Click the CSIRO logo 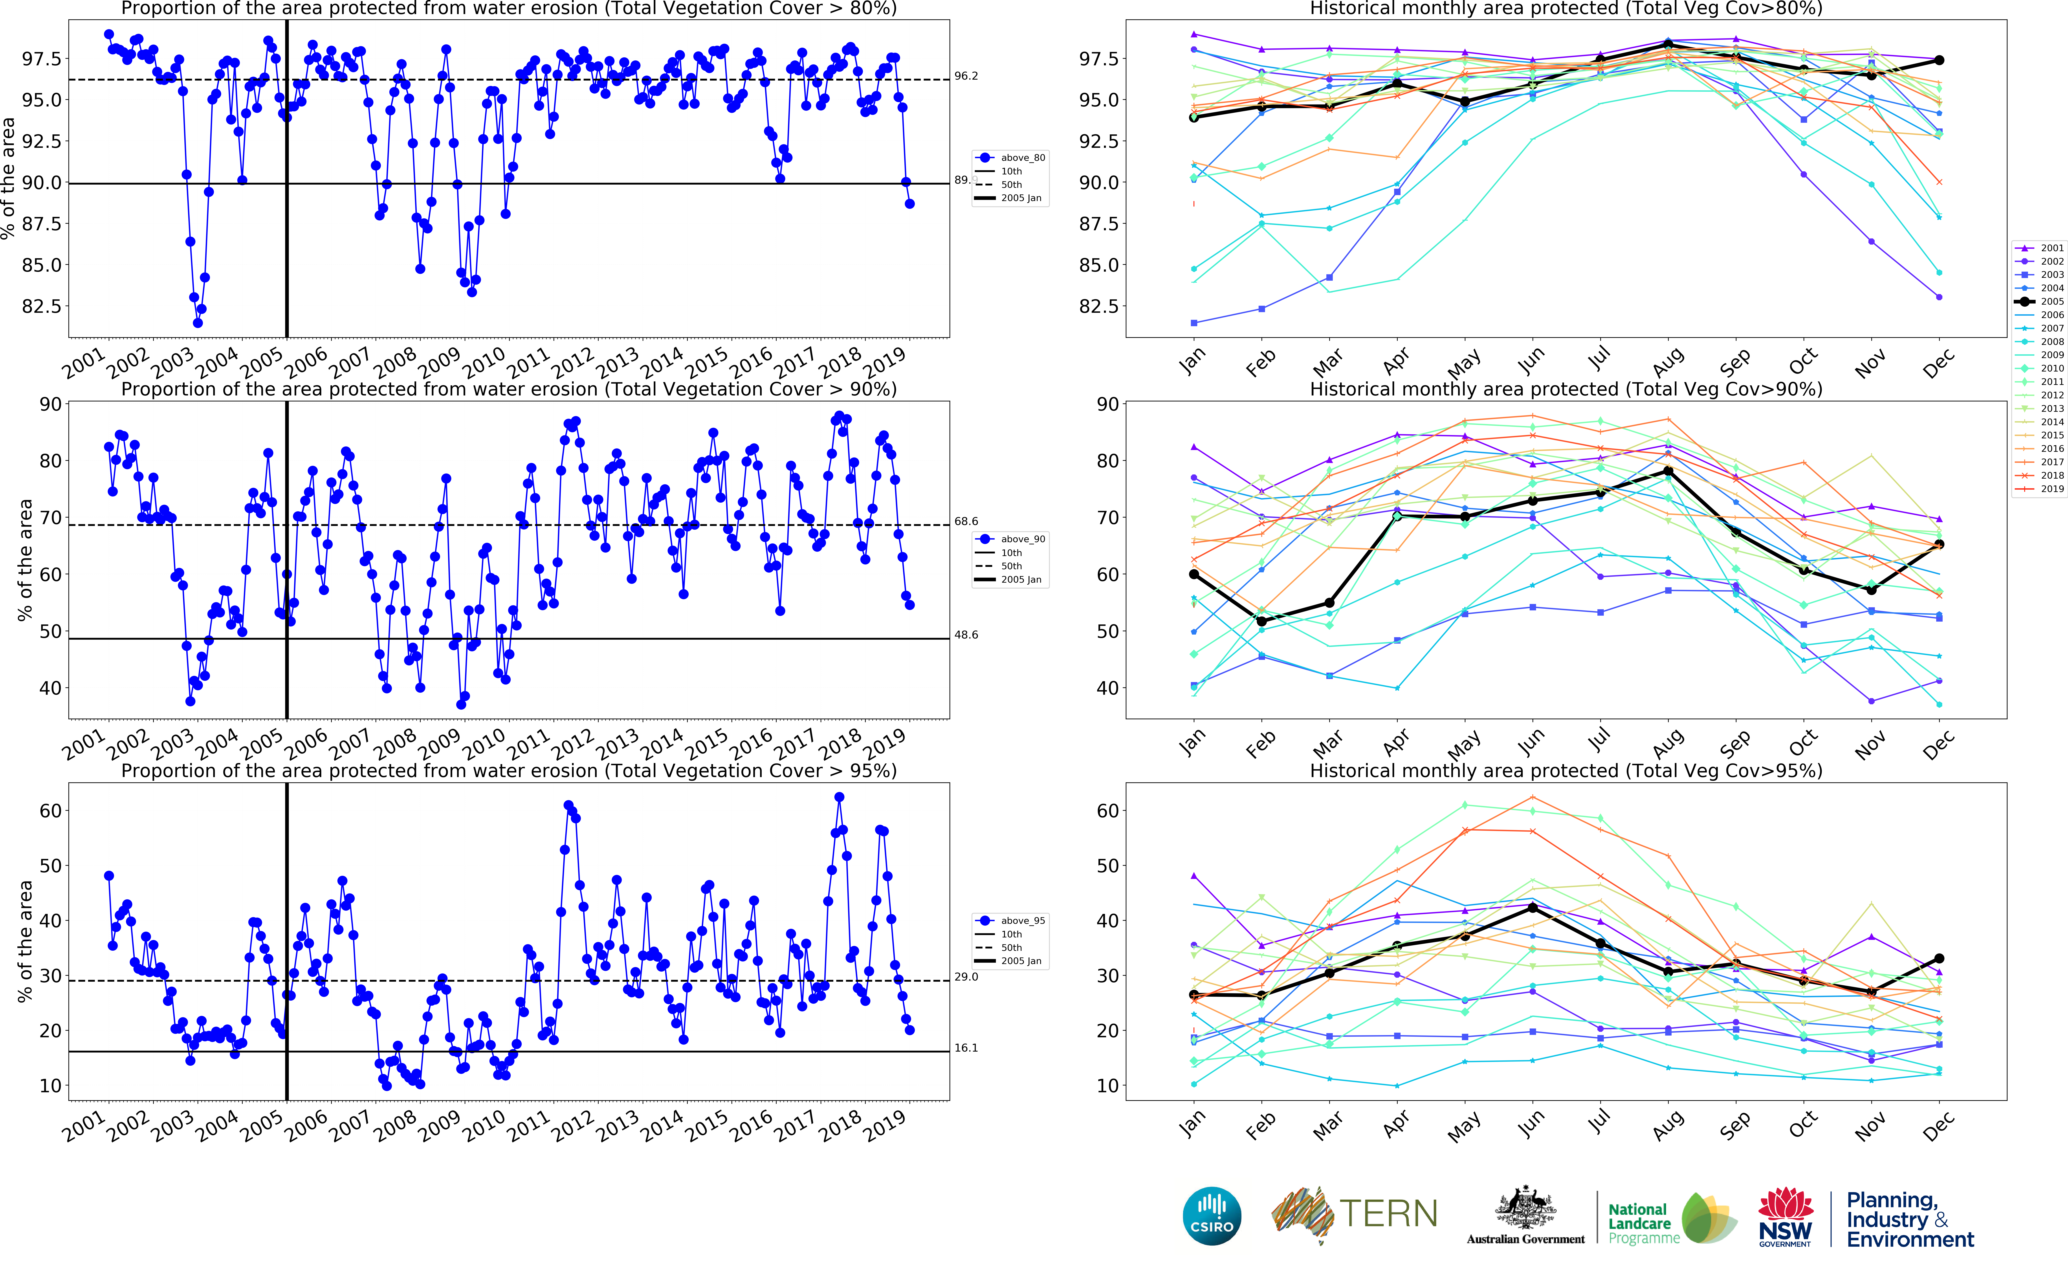(x=1211, y=1215)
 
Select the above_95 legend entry (x=1012, y=920)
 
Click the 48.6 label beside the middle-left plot (x=966, y=635)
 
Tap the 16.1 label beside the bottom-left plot (x=966, y=1048)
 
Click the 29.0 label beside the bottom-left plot (x=966, y=977)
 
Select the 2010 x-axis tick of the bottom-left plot (x=485, y=1125)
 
